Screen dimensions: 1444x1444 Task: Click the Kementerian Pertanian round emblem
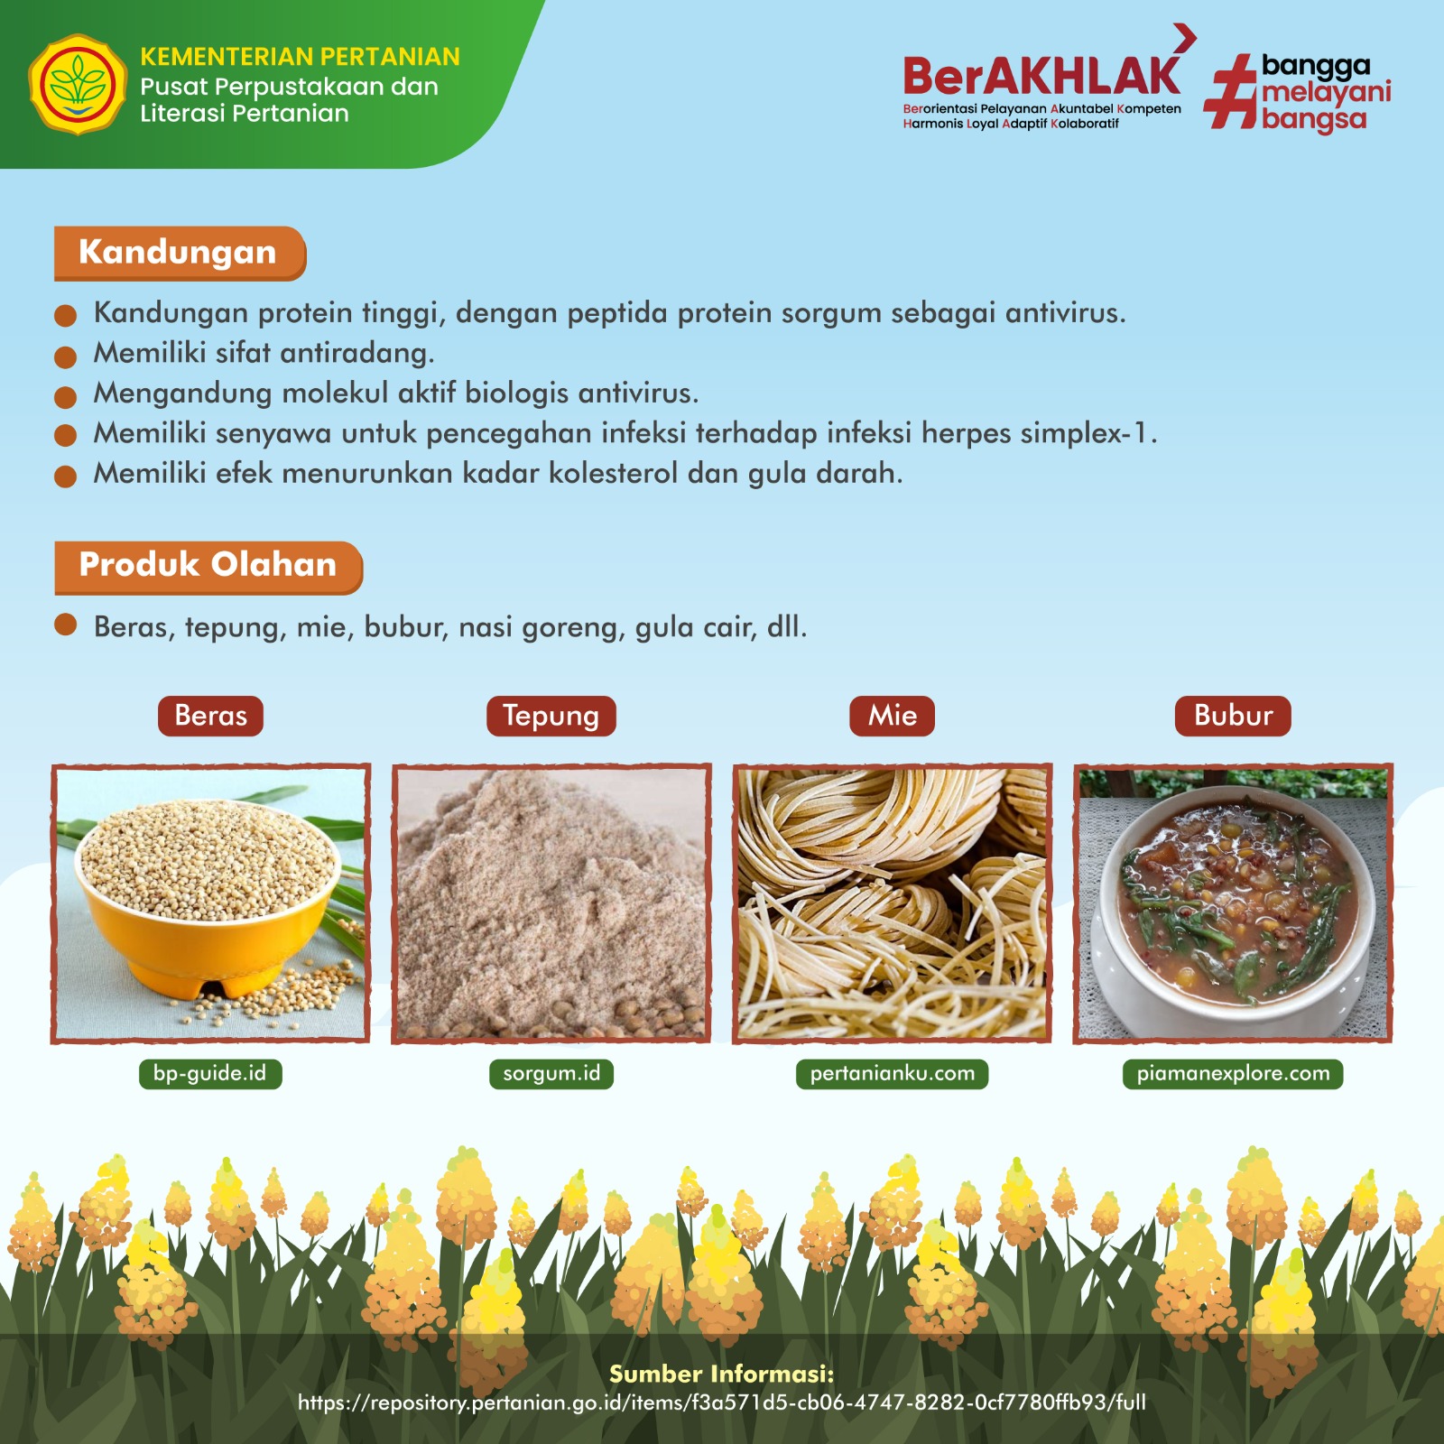(x=78, y=85)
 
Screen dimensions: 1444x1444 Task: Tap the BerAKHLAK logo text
(x=1041, y=76)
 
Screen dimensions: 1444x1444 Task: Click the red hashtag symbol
(x=1231, y=91)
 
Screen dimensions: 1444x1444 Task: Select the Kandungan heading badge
(x=180, y=253)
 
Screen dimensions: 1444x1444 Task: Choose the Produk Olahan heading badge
(x=208, y=567)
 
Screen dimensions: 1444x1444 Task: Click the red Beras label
(x=210, y=716)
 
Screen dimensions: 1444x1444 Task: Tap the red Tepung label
(x=551, y=716)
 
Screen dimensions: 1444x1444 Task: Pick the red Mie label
(x=892, y=716)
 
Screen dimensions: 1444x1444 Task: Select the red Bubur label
(x=1233, y=716)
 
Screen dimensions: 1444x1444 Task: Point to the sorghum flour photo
(x=551, y=903)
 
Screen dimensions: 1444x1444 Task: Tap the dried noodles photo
(x=892, y=903)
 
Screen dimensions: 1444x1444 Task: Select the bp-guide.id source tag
(x=210, y=1074)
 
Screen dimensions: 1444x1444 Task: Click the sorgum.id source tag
(x=551, y=1074)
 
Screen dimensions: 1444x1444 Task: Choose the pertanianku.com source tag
(x=892, y=1074)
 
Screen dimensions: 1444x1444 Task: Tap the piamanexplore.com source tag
(x=1233, y=1074)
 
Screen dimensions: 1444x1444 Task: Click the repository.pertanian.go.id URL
(x=722, y=1402)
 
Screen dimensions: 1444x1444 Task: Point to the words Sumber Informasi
(x=722, y=1375)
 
